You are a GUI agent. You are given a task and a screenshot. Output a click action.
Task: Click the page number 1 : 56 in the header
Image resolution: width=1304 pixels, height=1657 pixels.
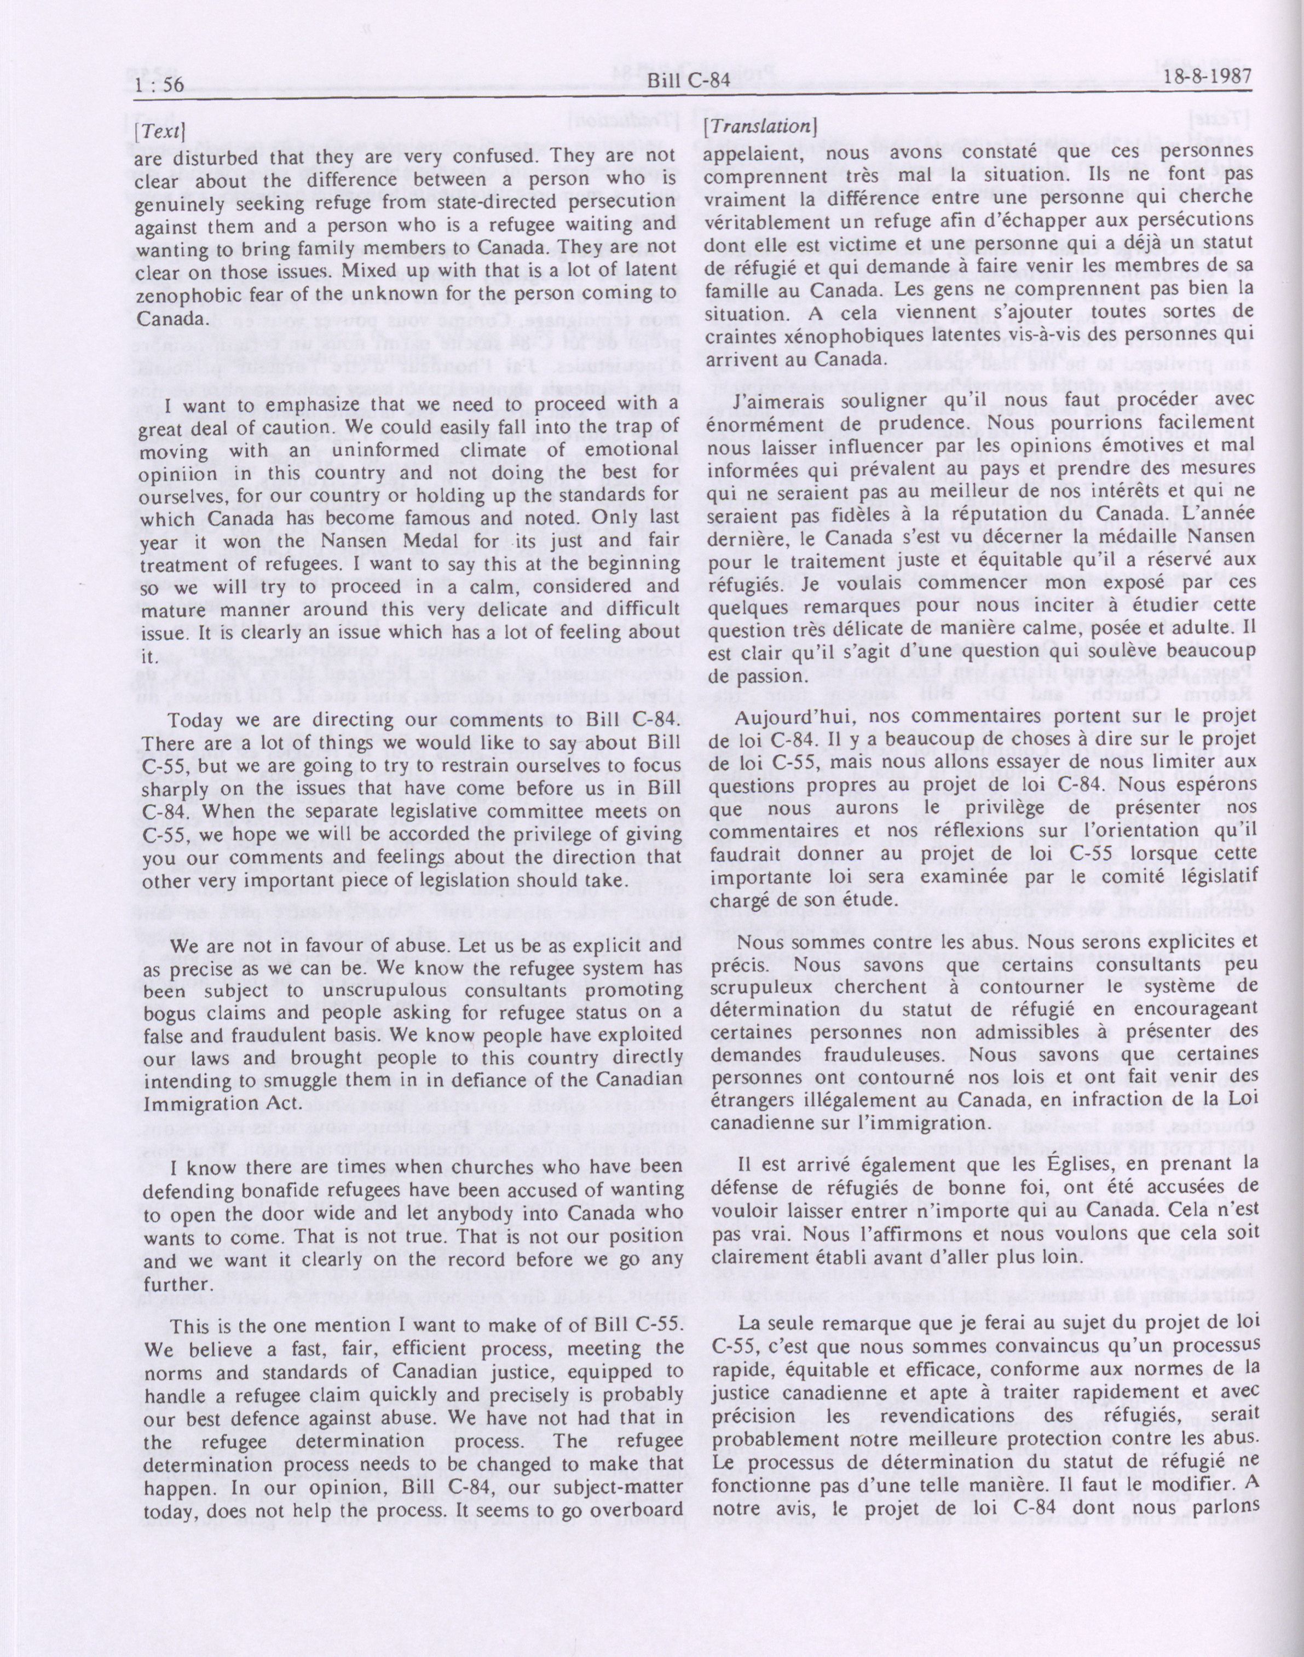point(159,84)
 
